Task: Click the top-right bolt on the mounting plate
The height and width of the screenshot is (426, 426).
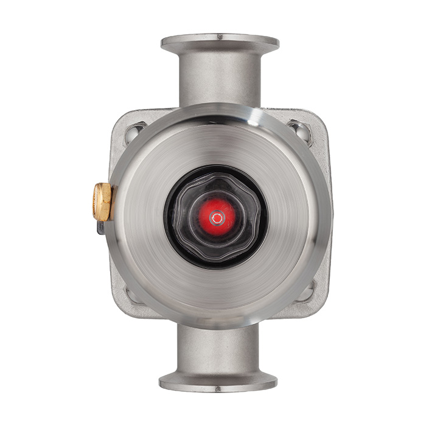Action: click(x=299, y=130)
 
